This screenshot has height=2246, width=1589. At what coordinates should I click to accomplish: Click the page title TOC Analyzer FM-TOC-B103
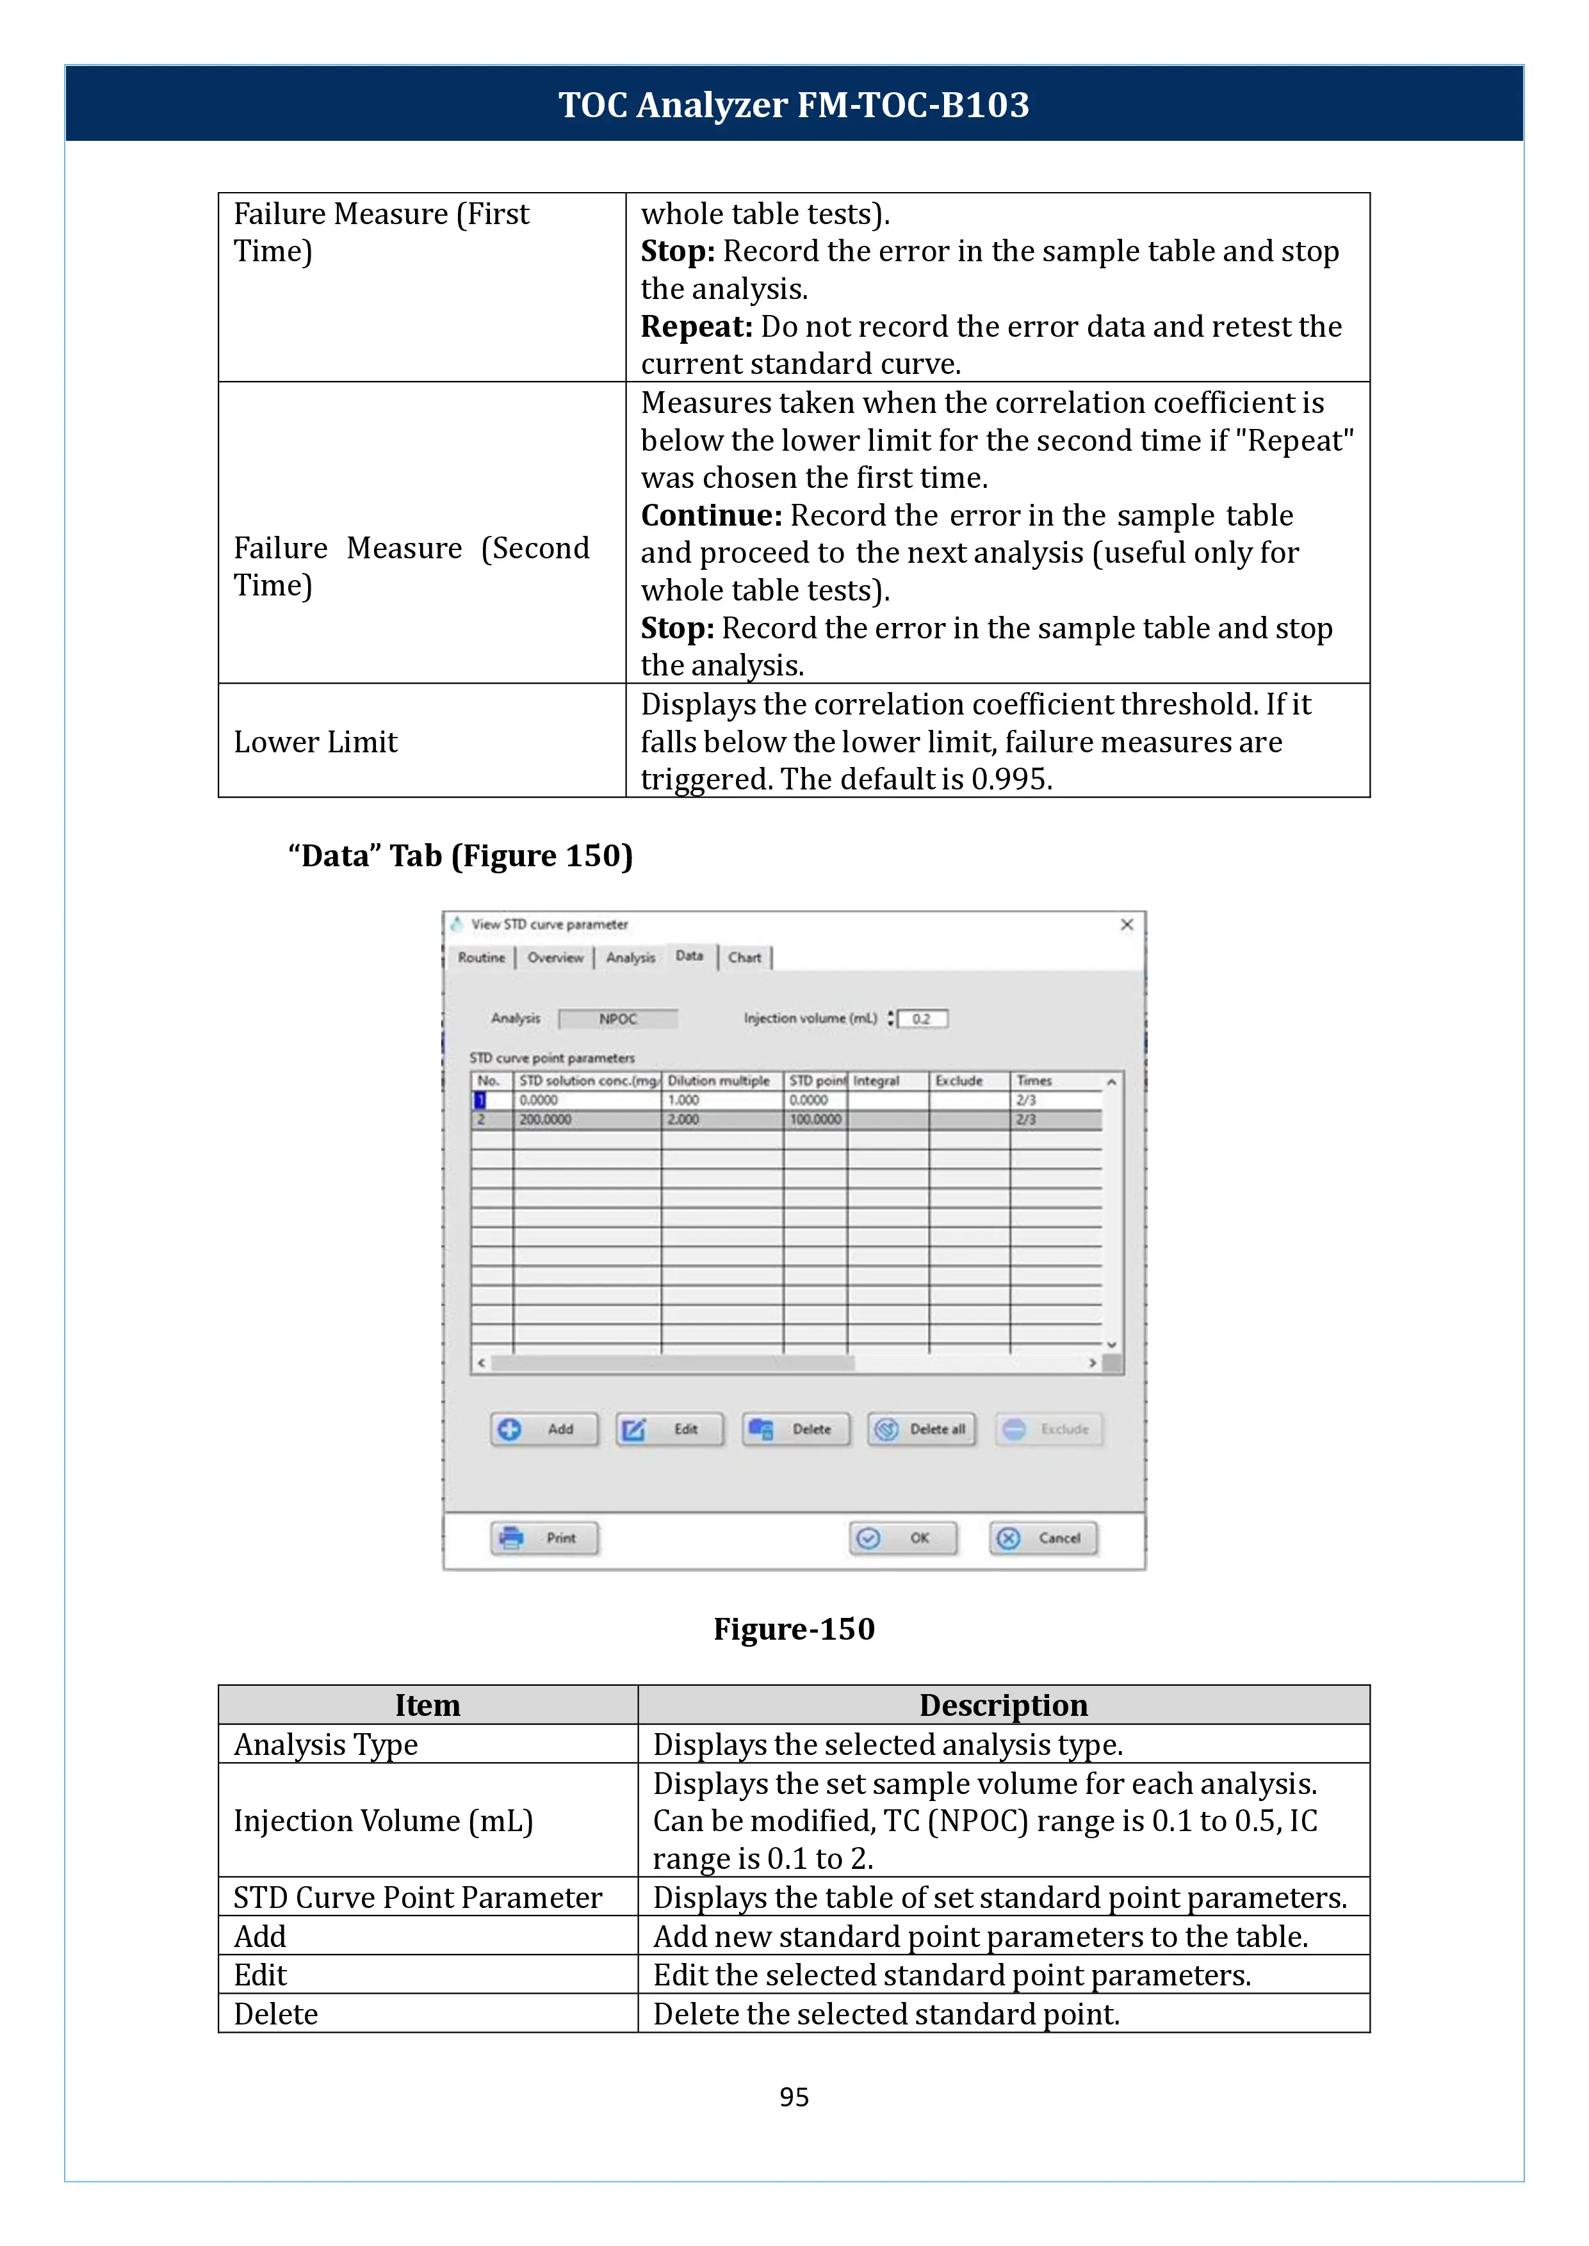(x=794, y=104)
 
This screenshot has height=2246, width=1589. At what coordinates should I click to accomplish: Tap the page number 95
(x=794, y=2096)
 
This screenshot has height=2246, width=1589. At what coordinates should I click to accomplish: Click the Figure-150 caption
(x=794, y=1629)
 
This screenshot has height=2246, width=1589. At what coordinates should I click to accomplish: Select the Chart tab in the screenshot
(x=745, y=958)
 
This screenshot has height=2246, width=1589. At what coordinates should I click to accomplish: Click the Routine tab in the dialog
(x=482, y=958)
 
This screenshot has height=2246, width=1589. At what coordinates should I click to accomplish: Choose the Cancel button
(x=1043, y=1538)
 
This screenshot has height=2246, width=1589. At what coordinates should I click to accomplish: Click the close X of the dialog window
(x=1126, y=925)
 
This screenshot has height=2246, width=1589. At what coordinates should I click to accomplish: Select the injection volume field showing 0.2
(x=924, y=1019)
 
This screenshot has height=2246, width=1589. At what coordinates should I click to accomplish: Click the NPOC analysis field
(x=617, y=1019)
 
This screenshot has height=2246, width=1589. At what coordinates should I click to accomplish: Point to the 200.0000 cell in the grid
(x=545, y=1119)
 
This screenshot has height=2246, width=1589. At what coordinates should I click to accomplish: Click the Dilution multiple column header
(x=720, y=1081)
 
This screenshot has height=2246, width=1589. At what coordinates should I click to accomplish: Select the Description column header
(x=1003, y=1705)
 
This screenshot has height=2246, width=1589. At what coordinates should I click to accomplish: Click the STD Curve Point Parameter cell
(x=418, y=1897)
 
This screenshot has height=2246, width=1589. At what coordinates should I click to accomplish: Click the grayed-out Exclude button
(x=1049, y=1429)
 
